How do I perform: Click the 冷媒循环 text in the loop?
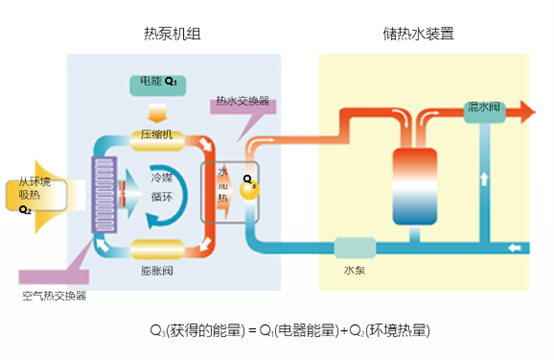[x=161, y=186]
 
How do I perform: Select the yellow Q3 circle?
[x=252, y=186]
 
